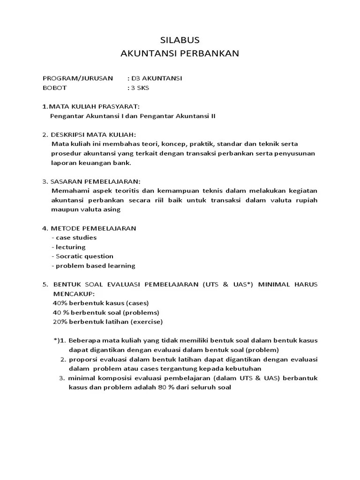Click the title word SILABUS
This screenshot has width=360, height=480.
[x=180, y=40]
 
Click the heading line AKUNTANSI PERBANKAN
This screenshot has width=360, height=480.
[x=180, y=53]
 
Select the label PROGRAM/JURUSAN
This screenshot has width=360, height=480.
[x=77, y=78]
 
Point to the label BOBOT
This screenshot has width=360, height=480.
[x=55, y=88]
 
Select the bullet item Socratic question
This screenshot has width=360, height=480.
[x=82, y=256]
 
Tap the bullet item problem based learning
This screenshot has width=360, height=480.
[x=93, y=266]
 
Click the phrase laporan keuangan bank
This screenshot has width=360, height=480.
[x=92, y=163]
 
